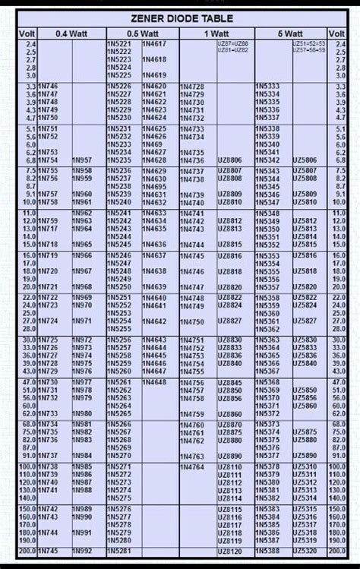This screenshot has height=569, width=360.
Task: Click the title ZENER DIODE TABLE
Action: (x=180, y=18)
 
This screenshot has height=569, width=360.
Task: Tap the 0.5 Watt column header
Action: (x=141, y=34)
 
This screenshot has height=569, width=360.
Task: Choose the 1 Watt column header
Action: (x=216, y=34)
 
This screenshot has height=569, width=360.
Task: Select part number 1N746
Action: (x=48, y=88)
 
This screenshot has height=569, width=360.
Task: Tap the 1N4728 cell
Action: (x=193, y=88)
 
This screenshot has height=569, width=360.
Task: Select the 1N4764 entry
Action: (x=193, y=466)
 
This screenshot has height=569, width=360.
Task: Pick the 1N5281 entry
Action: (x=120, y=551)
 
